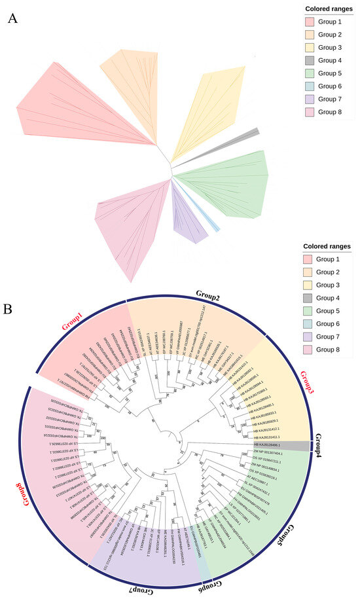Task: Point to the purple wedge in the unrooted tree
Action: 185,219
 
